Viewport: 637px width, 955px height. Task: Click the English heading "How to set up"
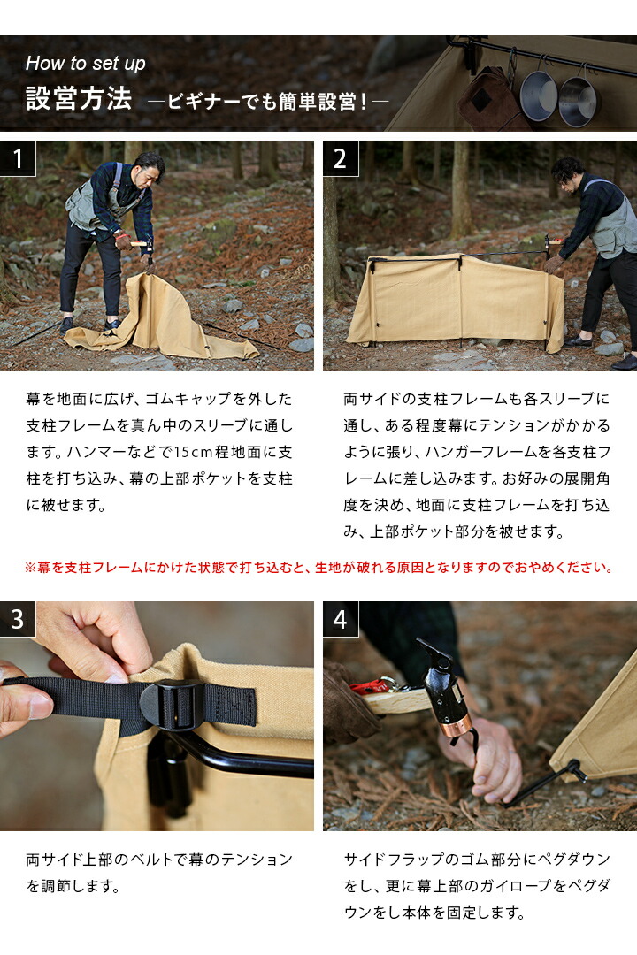(86, 64)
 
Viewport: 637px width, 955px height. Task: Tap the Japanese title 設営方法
(79, 98)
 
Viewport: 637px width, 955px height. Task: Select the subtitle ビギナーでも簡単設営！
(268, 100)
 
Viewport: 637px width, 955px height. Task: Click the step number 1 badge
(18, 159)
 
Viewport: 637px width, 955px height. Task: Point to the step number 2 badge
(341, 159)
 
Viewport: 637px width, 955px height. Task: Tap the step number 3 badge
(18, 619)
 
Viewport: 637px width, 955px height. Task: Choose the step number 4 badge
(341, 619)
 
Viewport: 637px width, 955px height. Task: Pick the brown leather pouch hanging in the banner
(489, 99)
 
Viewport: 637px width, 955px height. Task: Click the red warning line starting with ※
(318, 568)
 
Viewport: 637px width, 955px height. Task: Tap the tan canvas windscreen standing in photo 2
(451, 301)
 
